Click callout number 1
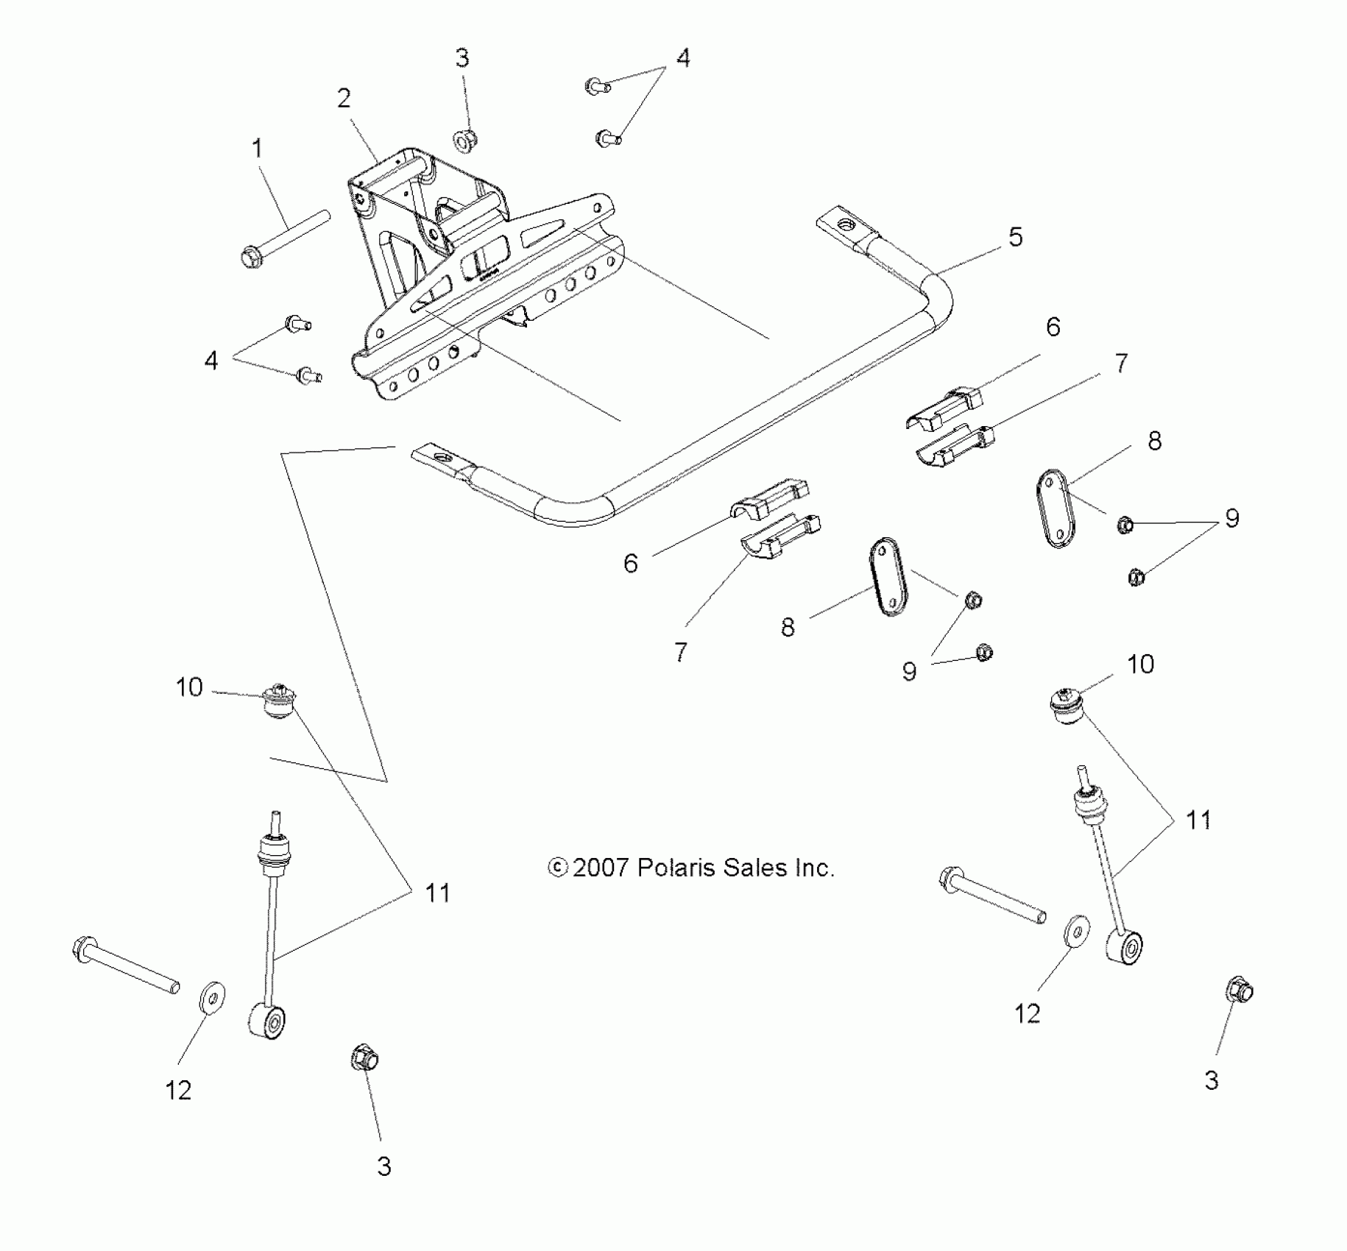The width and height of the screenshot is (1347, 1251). (257, 148)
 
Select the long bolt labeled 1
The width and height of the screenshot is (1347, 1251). (283, 237)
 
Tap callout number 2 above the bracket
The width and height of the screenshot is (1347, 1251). (344, 99)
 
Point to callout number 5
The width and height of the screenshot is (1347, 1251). (1015, 236)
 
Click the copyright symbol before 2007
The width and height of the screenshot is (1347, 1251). (558, 868)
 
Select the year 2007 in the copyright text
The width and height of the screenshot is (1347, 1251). (600, 868)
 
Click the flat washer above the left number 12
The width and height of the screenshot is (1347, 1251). (213, 998)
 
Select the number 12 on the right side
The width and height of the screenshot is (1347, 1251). (1028, 1013)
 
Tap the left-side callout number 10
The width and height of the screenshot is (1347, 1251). (189, 687)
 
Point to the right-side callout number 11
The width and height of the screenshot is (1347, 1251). (1198, 819)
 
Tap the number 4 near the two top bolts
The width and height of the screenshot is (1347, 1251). (683, 57)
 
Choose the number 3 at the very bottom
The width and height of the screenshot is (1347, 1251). (383, 1166)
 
